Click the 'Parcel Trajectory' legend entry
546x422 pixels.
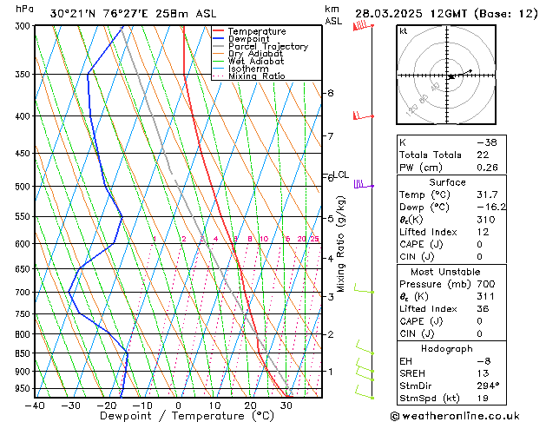pyautogui.click(x=267, y=46)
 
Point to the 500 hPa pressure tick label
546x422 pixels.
pyautogui.click(x=18, y=187)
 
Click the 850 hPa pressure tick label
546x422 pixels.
pyautogui.click(x=18, y=353)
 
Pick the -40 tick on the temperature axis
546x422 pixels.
pyautogui.click(x=35, y=406)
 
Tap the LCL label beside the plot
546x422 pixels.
pyautogui.click(x=341, y=175)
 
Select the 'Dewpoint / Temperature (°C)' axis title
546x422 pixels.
pyautogui.click(x=162, y=417)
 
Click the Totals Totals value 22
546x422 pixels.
pyautogui.click(x=482, y=154)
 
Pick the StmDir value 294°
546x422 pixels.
pyautogui.click(x=487, y=386)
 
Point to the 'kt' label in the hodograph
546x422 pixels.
pyautogui.click(x=403, y=31)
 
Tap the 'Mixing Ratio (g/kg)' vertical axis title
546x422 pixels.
pyautogui.click(x=342, y=243)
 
